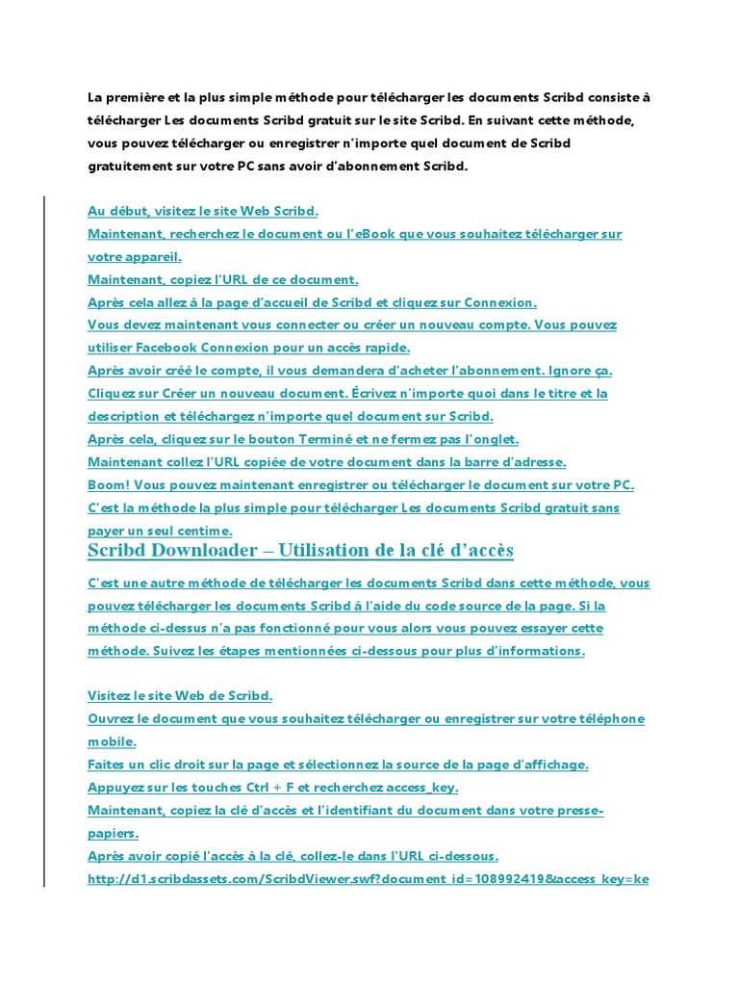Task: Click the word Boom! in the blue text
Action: click(107, 485)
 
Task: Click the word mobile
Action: click(111, 742)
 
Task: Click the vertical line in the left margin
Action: click(44, 539)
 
